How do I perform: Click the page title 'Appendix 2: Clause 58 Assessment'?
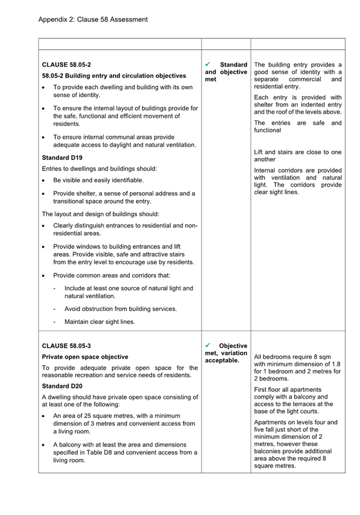pos(93,19)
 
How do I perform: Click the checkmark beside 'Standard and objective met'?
pos(209,64)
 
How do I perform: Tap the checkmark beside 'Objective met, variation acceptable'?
pos(209,345)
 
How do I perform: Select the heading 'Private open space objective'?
pos(85,357)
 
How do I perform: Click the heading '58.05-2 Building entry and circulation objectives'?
pos(114,76)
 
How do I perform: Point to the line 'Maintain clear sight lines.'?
pos(100,322)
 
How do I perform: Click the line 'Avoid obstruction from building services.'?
pos(121,309)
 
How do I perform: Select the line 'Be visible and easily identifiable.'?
pos(98,180)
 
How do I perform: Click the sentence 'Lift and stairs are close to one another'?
pos(298,156)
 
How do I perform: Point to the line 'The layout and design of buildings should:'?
pos(101,214)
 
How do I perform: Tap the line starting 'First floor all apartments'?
pos(288,390)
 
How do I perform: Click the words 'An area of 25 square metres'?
pos(96,416)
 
